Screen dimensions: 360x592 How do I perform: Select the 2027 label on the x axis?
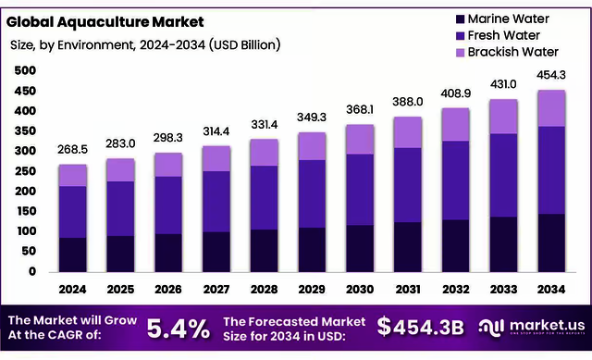(x=216, y=290)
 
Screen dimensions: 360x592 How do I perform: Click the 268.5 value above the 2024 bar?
(x=73, y=149)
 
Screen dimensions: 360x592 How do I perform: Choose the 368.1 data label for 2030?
(x=360, y=108)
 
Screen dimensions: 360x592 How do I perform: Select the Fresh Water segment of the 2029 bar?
(x=313, y=193)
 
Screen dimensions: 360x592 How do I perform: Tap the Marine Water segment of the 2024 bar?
(x=73, y=254)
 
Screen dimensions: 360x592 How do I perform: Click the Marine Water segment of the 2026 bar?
(x=169, y=253)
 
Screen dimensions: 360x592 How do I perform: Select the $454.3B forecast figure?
(x=421, y=327)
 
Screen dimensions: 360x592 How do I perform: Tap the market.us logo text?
(x=543, y=324)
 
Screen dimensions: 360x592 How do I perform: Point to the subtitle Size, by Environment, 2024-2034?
(x=144, y=44)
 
